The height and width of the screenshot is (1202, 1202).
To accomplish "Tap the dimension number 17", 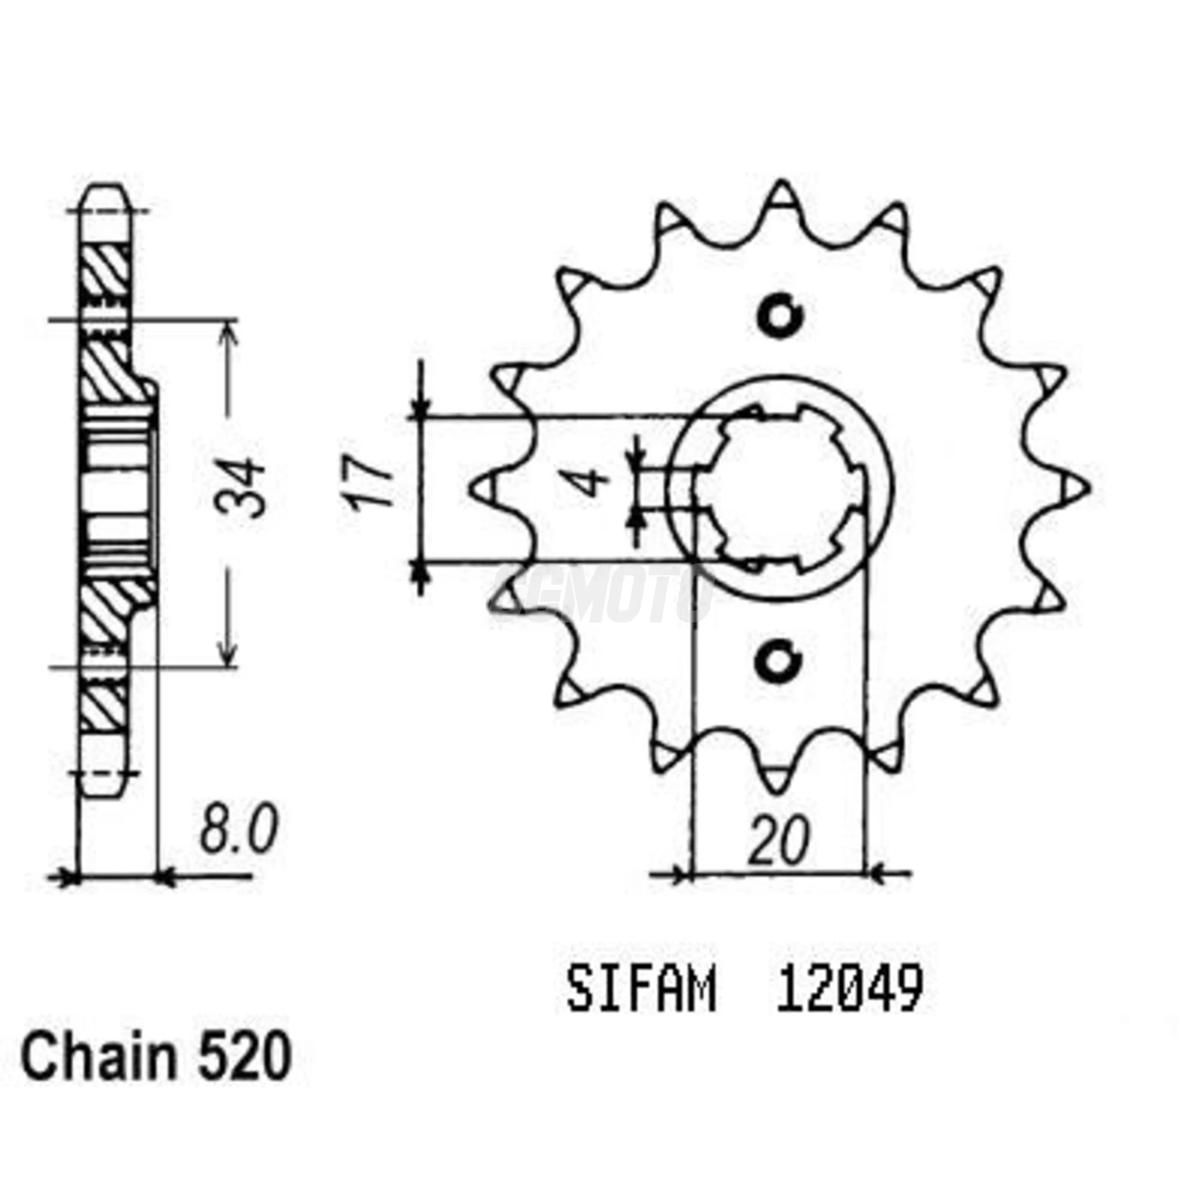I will coord(371,485).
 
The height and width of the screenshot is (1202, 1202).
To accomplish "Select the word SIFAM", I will coord(640,991).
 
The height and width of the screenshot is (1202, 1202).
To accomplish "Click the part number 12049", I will coord(849,990).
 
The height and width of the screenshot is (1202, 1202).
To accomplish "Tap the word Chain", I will coord(98,1058).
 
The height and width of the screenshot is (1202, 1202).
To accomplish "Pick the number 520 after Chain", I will coord(245,1058).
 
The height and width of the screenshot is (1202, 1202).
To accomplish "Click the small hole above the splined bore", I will coord(780,316).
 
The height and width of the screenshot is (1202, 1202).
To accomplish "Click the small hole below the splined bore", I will coord(778,662).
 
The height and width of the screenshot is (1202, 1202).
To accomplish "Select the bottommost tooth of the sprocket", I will coord(779,777).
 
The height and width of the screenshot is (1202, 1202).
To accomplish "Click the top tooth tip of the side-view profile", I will coord(105,191).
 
